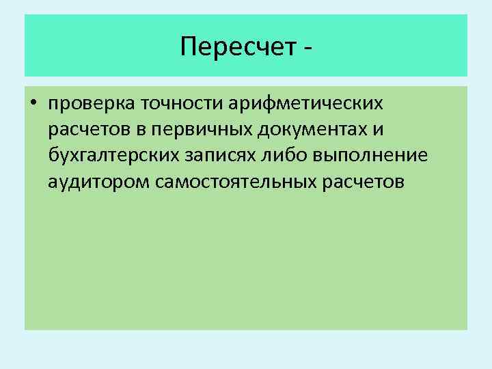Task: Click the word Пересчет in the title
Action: click(x=238, y=46)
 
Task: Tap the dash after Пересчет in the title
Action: click(x=310, y=48)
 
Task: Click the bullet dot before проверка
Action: click(x=33, y=105)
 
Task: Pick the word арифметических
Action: click(x=306, y=105)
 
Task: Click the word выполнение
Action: click(x=372, y=156)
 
